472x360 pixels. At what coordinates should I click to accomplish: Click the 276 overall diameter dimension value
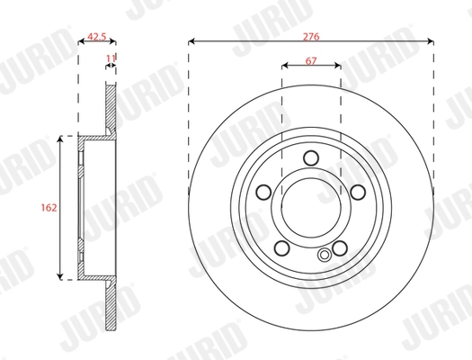(311, 37)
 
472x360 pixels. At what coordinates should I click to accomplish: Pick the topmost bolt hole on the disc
(311, 158)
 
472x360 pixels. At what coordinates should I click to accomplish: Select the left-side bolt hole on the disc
(264, 192)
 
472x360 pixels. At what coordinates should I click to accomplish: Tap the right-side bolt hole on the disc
(358, 192)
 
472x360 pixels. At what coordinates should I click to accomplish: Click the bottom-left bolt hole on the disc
(282, 247)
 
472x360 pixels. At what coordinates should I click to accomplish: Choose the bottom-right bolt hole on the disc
(340, 247)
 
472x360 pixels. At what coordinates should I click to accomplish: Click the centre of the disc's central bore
(311, 208)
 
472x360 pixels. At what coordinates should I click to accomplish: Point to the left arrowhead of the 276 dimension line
(191, 41)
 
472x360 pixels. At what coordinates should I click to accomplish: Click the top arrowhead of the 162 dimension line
(60, 139)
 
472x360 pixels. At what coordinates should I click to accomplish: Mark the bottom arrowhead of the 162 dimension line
(60, 275)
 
